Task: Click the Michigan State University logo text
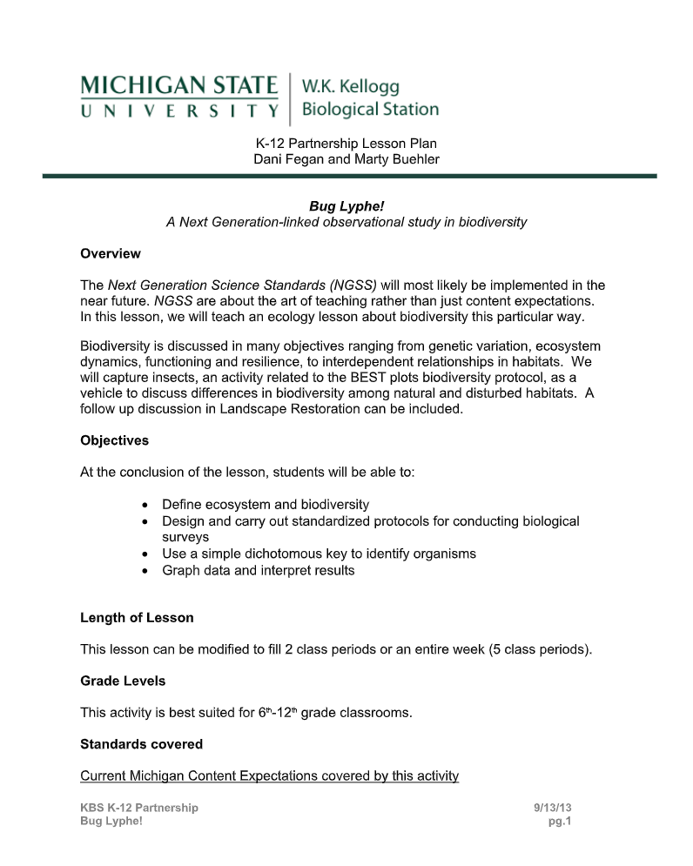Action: tap(180, 97)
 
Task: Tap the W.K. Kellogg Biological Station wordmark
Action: tap(369, 97)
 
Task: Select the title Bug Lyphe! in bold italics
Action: tap(346, 206)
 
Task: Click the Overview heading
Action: tap(111, 254)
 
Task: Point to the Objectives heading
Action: tap(114, 440)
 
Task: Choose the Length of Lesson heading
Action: tap(137, 618)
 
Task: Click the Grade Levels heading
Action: tap(123, 681)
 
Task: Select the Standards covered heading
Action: tap(141, 744)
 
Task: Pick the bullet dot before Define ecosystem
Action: tap(144, 505)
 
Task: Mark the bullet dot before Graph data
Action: tap(144, 571)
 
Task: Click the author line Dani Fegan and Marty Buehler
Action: tap(346, 159)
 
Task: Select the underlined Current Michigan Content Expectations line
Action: tap(269, 775)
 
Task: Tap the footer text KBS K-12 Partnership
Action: tap(139, 808)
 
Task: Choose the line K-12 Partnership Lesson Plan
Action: tap(346, 143)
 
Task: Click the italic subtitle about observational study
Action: tap(346, 222)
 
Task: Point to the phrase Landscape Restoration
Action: tap(286, 409)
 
